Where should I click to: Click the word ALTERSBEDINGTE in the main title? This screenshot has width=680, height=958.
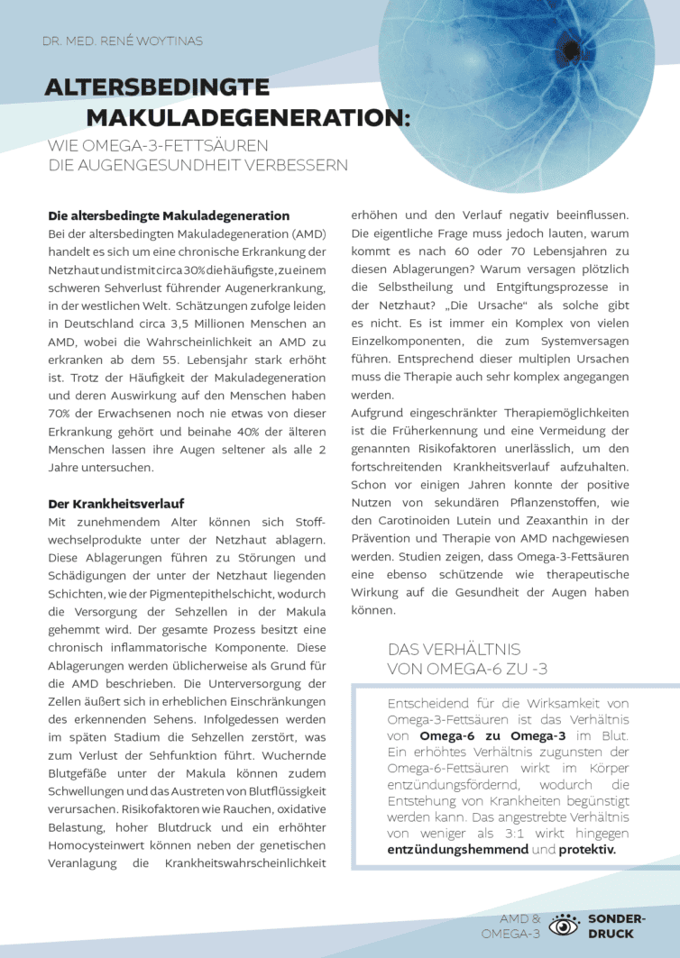coord(157,87)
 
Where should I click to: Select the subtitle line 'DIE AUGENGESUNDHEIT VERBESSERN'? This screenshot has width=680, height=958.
coord(198,166)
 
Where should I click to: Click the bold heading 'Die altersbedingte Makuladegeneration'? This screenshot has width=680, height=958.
coord(169,216)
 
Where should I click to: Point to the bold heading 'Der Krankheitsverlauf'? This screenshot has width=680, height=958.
coord(115,503)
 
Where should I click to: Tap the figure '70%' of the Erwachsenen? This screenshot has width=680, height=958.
coord(60,414)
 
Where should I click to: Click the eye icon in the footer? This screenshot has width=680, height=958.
coord(565,926)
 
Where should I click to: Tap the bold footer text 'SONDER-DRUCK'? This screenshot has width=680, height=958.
coord(616,926)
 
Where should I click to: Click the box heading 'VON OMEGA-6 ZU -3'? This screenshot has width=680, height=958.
coord(467,669)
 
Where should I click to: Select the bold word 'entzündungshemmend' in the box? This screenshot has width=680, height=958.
coord(457,850)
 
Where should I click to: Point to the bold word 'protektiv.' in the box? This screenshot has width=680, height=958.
coord(586,850)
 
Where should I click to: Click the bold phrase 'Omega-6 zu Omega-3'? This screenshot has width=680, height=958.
coord(477,736)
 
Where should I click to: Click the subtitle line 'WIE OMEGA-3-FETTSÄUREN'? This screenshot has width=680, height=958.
coord(158,146)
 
